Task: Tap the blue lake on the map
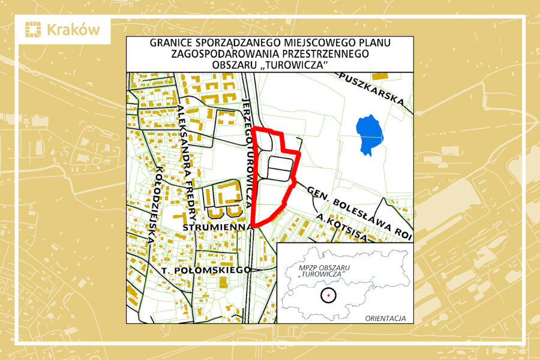(368, 134)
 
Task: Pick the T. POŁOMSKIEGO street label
(206, 271)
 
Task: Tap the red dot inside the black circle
(328, 295)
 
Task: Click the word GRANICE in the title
(172, 44)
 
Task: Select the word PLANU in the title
(373, 44)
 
